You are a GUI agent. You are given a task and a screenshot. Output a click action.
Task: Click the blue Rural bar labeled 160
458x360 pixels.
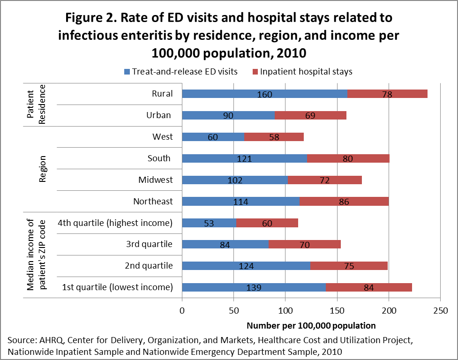[264, 94]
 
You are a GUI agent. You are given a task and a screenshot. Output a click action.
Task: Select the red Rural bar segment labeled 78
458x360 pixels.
[387, 94]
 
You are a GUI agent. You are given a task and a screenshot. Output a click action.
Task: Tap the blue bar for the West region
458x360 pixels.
[213, 137]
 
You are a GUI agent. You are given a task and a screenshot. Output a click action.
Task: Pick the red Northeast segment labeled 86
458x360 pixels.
[344, 202]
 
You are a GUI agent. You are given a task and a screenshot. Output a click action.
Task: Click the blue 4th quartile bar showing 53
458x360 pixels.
[209, 223]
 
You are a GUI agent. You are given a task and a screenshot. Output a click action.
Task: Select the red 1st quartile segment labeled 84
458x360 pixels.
[368, 287]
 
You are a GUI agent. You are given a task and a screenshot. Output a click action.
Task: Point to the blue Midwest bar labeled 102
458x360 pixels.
[234, 180]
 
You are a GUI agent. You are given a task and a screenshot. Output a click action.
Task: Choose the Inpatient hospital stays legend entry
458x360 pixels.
[302, 72]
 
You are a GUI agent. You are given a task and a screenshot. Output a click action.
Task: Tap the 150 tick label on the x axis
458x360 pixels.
[337, 310]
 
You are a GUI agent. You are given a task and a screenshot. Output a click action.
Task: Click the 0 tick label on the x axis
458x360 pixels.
[182, 310]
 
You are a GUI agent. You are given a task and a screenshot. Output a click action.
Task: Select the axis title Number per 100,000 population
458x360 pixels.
[311, 325]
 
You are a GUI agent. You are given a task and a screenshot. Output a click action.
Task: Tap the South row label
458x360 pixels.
[159, 158]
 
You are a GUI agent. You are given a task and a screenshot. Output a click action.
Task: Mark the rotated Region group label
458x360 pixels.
[42, 169]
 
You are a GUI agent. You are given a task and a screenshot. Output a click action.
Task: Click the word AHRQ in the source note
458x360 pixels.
[48, 339]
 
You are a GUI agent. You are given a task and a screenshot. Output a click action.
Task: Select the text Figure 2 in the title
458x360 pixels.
[96, 18]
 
